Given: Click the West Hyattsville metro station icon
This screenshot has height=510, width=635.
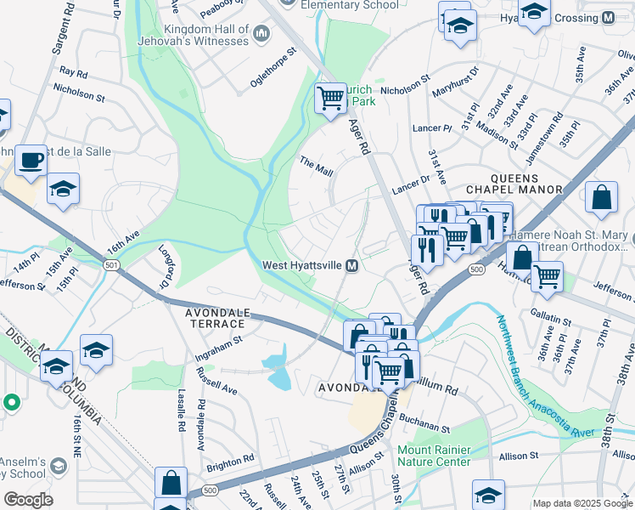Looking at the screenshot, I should [351, 266].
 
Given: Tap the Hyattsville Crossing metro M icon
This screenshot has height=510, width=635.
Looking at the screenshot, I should [608, 18].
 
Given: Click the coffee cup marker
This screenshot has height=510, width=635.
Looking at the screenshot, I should [31, 159].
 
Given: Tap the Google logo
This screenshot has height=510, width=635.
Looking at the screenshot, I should [28, 500].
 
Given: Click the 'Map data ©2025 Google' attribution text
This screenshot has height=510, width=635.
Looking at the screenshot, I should [582, 503].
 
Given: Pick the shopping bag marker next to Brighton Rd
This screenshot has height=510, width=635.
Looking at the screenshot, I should [171, 481].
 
